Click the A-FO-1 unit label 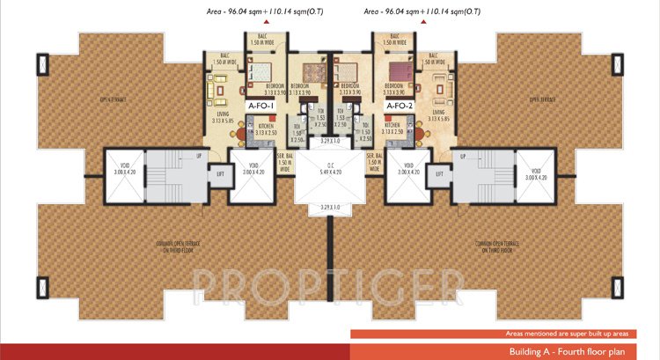[262, 106]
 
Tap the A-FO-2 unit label [400, 106]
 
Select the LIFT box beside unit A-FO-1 [222, 173]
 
